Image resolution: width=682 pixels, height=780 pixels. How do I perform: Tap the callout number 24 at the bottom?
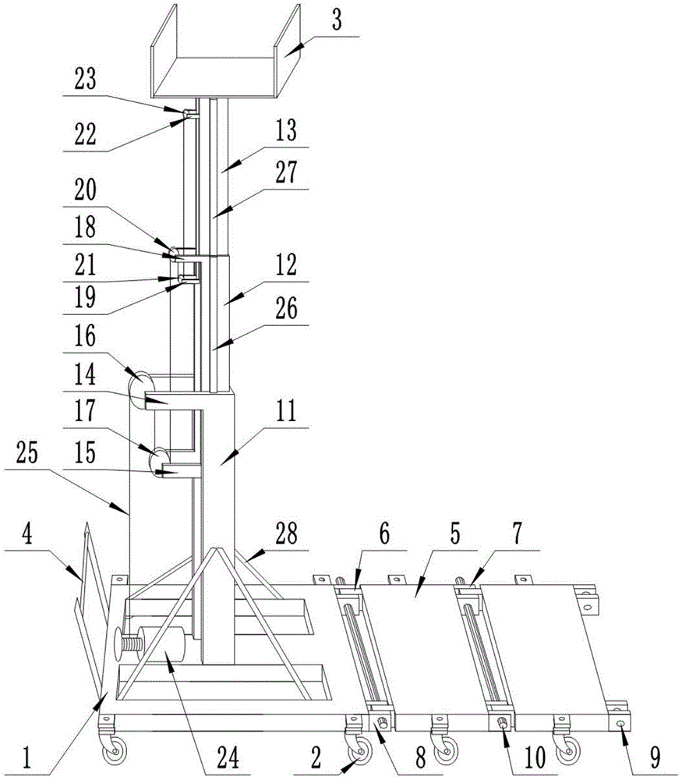point(228,758)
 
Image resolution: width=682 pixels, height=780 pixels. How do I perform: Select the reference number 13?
point(286,130)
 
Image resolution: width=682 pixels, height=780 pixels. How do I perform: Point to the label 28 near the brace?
point(286,534)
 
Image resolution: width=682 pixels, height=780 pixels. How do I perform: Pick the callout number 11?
point(286,411)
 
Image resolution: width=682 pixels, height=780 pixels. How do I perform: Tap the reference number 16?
point(85,336)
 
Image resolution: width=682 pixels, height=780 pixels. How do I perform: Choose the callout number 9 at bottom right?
point(655,758)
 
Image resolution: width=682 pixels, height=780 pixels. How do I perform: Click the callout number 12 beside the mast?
point(286,264)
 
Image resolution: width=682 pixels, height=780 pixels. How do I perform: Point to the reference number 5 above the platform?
point(455,534)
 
